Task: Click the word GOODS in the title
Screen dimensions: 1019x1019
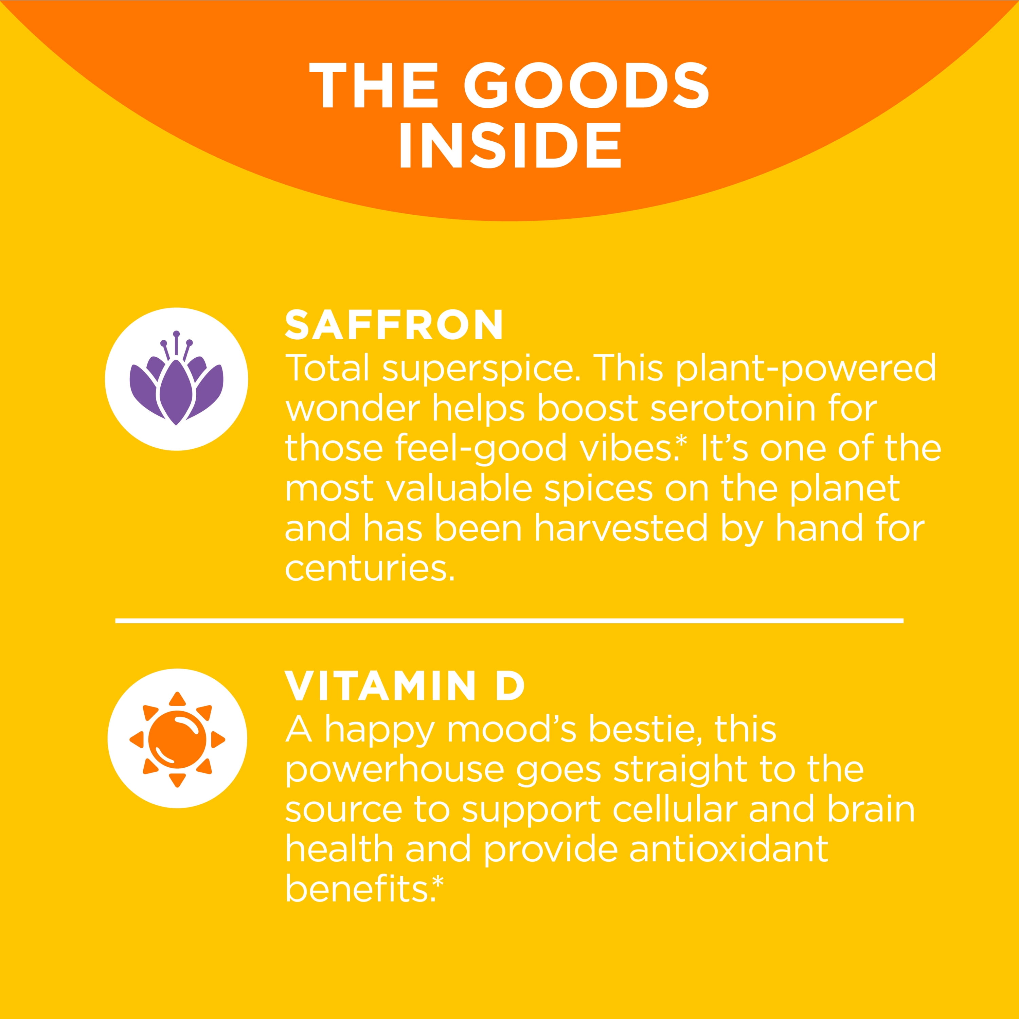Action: click(x=587, y=86)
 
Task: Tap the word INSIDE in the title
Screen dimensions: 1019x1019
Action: click(x=510, y=145)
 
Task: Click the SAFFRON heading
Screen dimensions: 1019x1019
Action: click(x=394, y=325)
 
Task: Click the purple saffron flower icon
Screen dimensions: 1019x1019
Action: click(x=177, y=378)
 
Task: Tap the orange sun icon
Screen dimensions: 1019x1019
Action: click(x=177, y=739)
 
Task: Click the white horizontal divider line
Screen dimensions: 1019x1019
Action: click(x=509, y=621)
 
